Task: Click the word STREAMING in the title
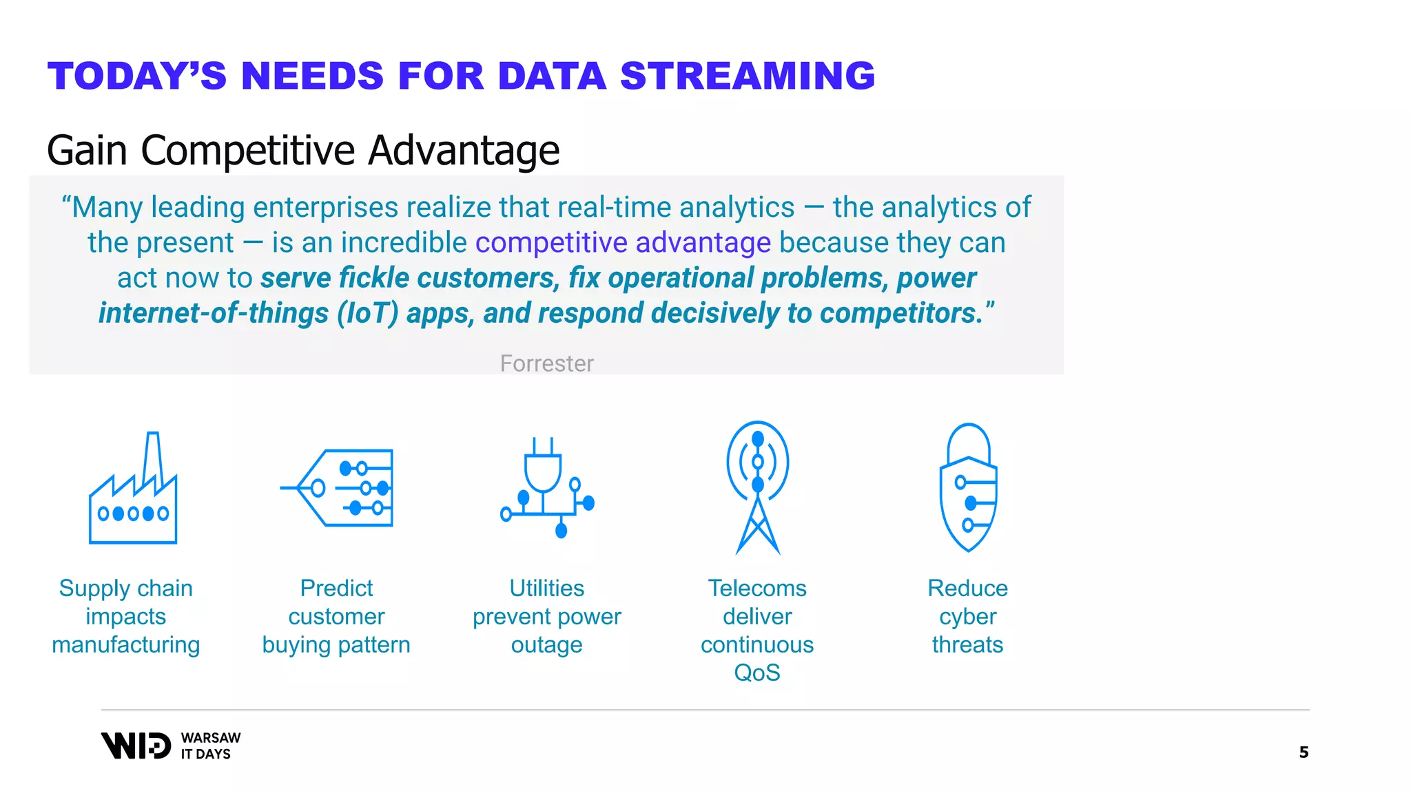(x=748, y=76)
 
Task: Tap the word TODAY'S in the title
(x=137, y=76)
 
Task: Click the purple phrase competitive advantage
(x=623, y=243)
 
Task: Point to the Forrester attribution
(x=546, y=363)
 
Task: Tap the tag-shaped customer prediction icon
(x=338, y=488)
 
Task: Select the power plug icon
(x=546, y=488)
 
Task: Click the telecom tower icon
(x=757, y=487)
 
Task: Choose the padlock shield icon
(x=968, y=487)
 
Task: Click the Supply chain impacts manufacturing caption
(x=126, y=616)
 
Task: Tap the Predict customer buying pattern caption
(x=336, y=616)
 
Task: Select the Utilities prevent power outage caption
(x=546, y=616)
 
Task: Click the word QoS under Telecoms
(x=757, y=673)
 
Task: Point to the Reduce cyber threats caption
(x=967, y=616)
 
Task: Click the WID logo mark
(x=136, y=746)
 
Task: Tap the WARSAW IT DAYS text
(x=210, y=746)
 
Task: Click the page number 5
(x=1303, y=752)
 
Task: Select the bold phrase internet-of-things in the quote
(x=214, y=313)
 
